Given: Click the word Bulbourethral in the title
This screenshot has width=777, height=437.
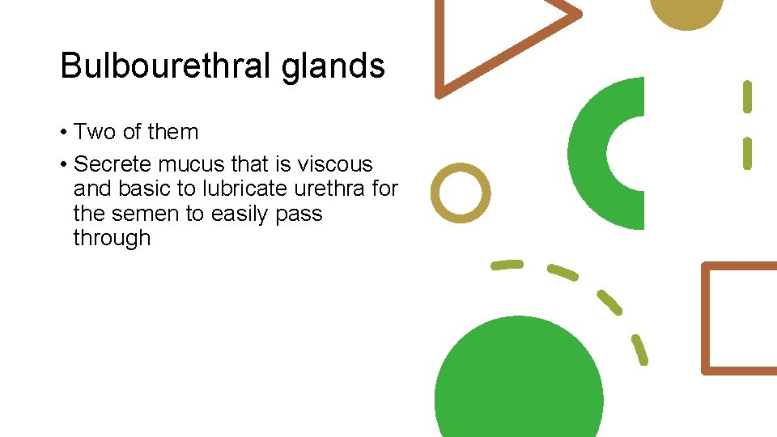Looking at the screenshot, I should click(x=167, y=66).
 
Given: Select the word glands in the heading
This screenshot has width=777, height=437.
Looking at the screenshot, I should click(x=333, y=66).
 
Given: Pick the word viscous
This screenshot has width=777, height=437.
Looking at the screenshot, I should click(x=335, y=164).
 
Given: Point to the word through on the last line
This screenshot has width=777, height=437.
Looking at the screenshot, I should click(x=112, y=238).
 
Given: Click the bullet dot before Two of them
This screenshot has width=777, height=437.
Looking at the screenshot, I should click(x=63, y=133).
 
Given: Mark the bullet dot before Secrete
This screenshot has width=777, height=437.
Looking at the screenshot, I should click(x=63, y=165).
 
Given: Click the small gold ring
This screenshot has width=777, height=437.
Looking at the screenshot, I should click(x=461, y=193).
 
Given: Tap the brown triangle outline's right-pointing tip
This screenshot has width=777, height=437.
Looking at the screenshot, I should click(x=576, y=14).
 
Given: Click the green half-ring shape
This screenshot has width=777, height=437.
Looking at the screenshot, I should click(x=589, y=154).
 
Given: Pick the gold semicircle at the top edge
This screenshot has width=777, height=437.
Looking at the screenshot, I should click(x=687, y=12).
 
